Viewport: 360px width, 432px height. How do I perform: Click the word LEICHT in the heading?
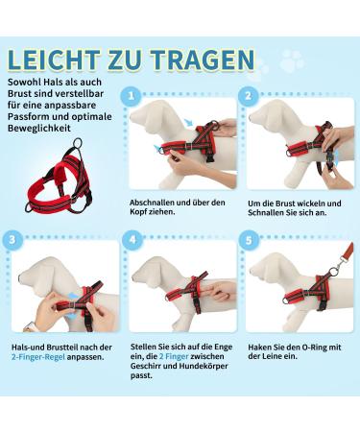coord(53,60)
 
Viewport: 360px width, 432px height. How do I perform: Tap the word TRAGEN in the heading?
coord(203,60)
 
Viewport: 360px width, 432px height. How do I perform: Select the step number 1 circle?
coord(131,96)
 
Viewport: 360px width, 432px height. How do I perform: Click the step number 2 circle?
coord(248,96)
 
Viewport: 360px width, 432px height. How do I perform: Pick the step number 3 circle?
coord(12,240)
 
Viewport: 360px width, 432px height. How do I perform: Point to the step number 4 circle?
coord(132,240)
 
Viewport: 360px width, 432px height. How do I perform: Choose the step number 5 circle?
coord(249,241)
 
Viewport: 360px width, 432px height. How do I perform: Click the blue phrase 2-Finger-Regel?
coord(38,357)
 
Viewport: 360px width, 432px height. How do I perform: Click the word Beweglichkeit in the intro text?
coord(39,129)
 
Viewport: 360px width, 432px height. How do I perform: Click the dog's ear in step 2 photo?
coord(281,122)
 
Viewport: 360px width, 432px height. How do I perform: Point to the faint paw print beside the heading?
coord(292,60)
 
